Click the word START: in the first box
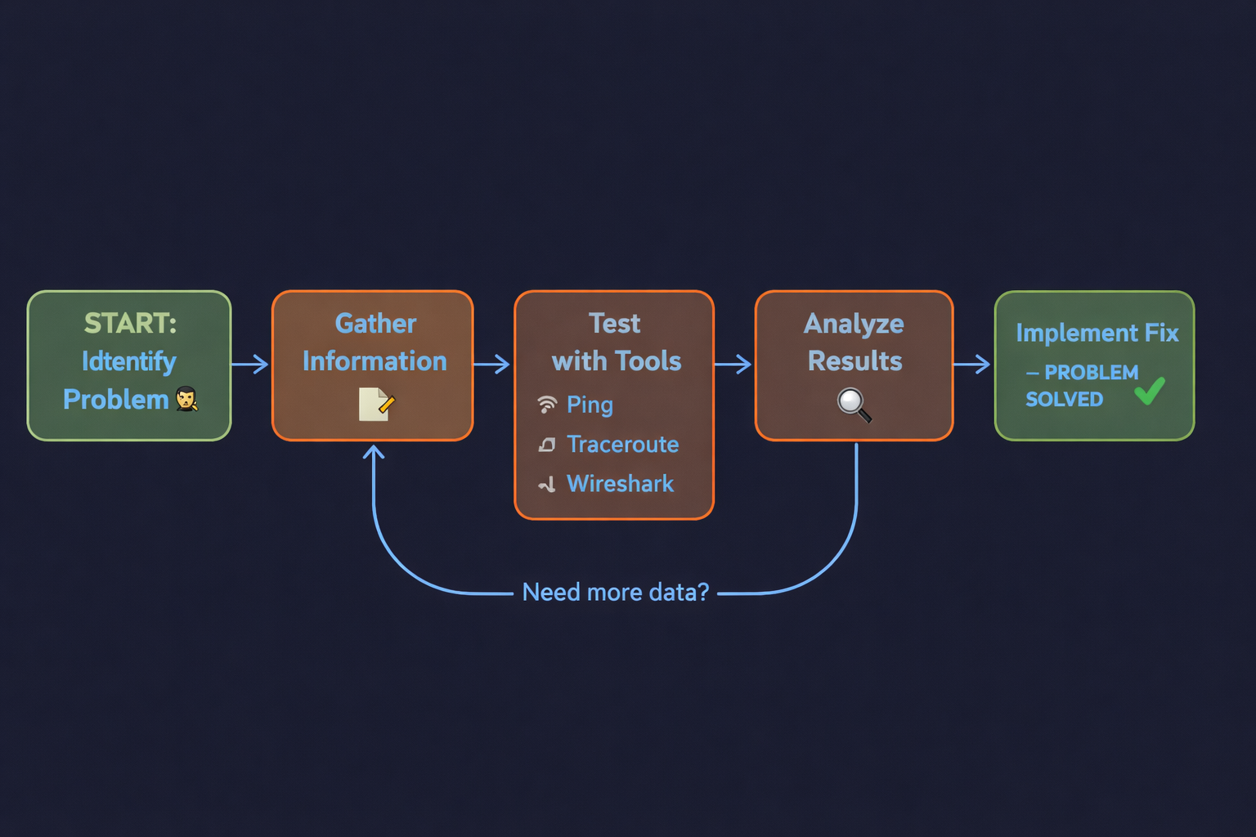click(130, 324)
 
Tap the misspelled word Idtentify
click(128, 361)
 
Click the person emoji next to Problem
click(187, 399)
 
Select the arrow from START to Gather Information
click(250, 364)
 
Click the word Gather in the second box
click(375, 324)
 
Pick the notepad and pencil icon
click(376, 404)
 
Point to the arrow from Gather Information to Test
click(492, 364)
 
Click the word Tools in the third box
click(649, 361)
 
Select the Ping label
click(590, 405)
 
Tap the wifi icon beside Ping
click(547, 404)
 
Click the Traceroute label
click(622, 445)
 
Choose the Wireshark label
click(620, 484)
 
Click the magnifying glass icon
click(854, 404)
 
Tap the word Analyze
click(854, 324)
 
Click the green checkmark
click(1150, 391)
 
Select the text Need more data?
click(615, 592)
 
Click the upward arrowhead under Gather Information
click(374, 451)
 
